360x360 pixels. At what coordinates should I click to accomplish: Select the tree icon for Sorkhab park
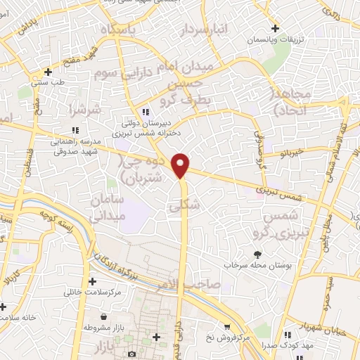point(258,255)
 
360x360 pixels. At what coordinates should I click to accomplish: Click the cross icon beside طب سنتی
point(47,72)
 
